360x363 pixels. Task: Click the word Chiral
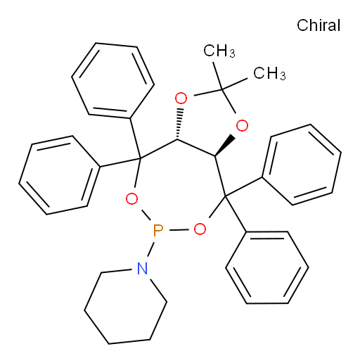tap(319, 25)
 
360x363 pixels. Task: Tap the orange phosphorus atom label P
tap(157, 230)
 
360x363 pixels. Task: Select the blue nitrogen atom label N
tap(142, 268)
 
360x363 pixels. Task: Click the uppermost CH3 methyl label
tap(219, 51)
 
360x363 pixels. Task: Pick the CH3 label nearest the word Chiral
tap(269, 73)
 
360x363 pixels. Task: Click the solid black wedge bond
tap(224, 146)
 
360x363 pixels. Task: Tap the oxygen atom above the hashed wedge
tap(181, 98)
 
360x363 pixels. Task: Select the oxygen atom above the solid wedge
tap(242, 126)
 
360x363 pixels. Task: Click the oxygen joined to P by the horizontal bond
tap(200, 229)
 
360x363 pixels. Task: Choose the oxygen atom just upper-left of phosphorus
tap(131, 199)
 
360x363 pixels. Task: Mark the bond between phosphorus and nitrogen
tap(151, 249)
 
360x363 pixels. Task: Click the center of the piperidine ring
tap(125, 306)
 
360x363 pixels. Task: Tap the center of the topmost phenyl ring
tap(112, 81)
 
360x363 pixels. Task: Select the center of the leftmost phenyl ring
tap(60, 175)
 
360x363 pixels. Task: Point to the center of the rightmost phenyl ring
tap(302, 165)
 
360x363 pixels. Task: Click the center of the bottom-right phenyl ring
tap(267, 267)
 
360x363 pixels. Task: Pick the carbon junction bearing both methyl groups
tap(221, 89)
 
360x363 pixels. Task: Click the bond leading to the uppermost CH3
tap(217, 76)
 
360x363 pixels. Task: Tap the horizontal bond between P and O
tap(179, 230)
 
